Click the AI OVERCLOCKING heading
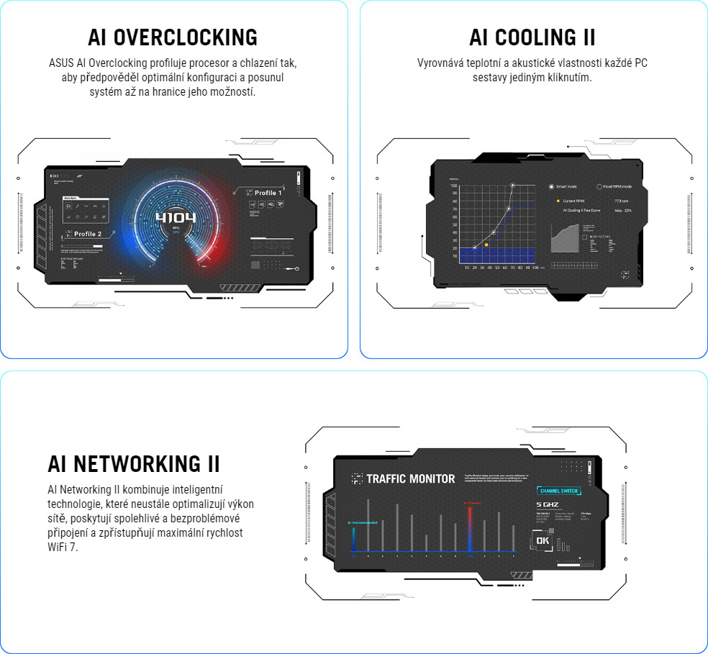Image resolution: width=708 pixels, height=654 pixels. pyautogui.click(x=173, y=37)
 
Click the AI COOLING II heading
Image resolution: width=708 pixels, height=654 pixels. pyautogui.click(x=532, y=37)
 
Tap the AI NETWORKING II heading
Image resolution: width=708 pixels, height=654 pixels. pyautogui.click(x=134, y=463)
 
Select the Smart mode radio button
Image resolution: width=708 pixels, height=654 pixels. pyautogui.click(x=552, y=186)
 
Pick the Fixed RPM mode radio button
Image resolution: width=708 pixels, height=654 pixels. pyautogui.click(x=599, y=186)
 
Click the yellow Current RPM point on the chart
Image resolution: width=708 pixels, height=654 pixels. pyautogui.click(x=486, y=245)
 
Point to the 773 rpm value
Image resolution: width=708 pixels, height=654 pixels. pyautogui.click(x=622, y=201)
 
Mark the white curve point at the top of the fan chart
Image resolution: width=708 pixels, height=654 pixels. pyautogui.click(x=513, y=186)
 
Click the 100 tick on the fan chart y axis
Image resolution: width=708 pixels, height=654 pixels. pyautogui.click(x=454, y=186)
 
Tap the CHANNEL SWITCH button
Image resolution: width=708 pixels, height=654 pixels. pyautogui.click(x=559, y=491)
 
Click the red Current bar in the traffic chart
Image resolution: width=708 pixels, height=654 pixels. pyautogui.click(x=469, y=530)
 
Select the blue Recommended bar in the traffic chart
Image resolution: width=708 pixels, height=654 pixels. pyautogui.click(x=353, y=540)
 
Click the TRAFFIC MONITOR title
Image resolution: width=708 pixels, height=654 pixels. pyautogui.click(x=410, y=478)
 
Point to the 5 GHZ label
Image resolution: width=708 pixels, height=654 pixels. pyautogui.click(x=548, y=505)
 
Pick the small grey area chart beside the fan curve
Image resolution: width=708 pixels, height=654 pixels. pyautogui.click(x=566, y=238)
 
